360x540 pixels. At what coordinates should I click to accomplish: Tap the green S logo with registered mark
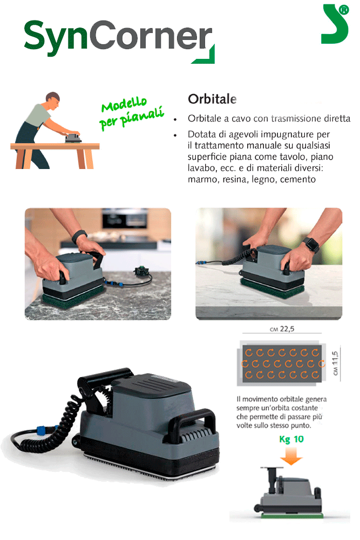click(x=335, y=24)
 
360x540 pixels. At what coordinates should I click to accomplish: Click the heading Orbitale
click(x=212, y=99)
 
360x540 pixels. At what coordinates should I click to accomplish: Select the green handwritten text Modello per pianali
click(x=131, y=113)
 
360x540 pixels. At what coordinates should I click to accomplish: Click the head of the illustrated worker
click(x=53, y=100)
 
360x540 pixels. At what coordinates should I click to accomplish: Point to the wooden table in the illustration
click(x=55, y=155)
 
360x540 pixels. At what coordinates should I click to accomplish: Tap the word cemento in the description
click(x=298, y=179)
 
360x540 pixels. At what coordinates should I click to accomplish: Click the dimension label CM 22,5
click(x=282, y=329)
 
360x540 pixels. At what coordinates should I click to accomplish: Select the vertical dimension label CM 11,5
click(x=335, y=363)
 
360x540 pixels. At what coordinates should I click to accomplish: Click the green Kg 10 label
click(x=291, y=439)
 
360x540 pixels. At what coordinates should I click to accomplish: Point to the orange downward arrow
click(x=291, y=456)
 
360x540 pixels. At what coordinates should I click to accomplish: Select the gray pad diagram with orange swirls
click(x=282, y=363)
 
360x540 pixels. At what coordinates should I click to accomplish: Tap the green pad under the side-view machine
click(x=292, y=515)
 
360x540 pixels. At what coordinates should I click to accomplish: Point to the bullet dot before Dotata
click(x=175, y=136)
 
